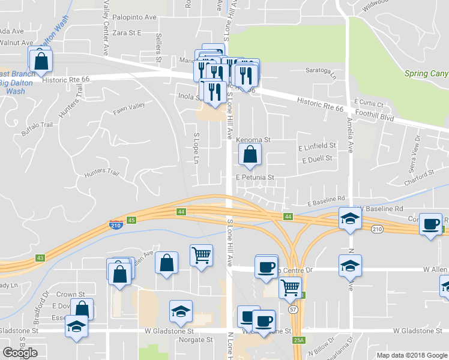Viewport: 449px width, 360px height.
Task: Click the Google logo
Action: coord(20,353)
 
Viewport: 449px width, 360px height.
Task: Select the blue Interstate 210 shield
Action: coord(116,225)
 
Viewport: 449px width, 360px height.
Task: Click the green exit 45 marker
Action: coord(132,220)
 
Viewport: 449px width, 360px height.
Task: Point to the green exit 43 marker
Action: coord(40,257)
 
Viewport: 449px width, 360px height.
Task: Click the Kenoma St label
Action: coord(253,140)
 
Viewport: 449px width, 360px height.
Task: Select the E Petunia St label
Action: coord(255,178)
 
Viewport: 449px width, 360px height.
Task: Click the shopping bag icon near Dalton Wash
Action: coord(40,60)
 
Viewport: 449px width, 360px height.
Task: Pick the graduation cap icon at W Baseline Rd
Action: coord(349,219)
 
